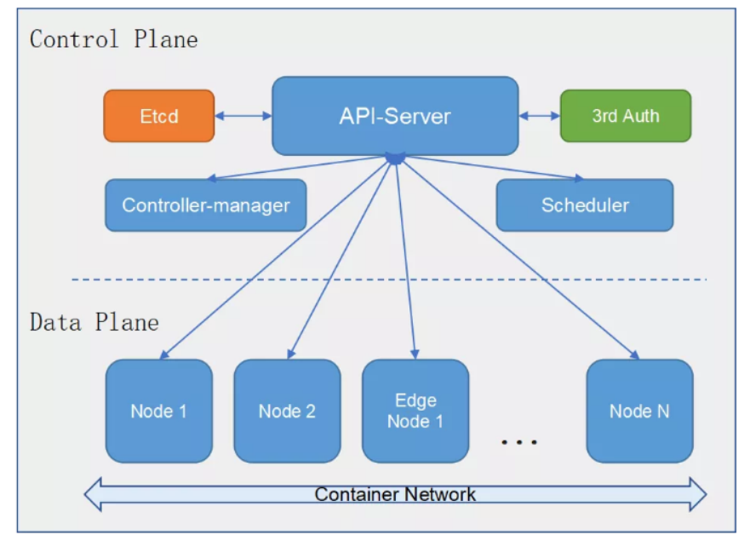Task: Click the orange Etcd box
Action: pos(159,116)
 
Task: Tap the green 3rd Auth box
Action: pos(626,116)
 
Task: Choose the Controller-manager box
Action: pos(205,205)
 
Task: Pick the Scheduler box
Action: pos(585,205)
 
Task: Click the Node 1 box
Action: pos(159,411)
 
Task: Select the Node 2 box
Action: pos(287,411)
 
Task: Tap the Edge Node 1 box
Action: pos(415,411)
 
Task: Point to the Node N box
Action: pos(639,411)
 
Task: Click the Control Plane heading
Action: pos(114,39)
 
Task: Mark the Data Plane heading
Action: pos(94,322)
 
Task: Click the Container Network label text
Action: pos(395,494)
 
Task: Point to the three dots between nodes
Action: pos(519,441)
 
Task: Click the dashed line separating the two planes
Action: pos(389,279)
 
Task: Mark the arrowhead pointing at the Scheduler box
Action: pos(579,178)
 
